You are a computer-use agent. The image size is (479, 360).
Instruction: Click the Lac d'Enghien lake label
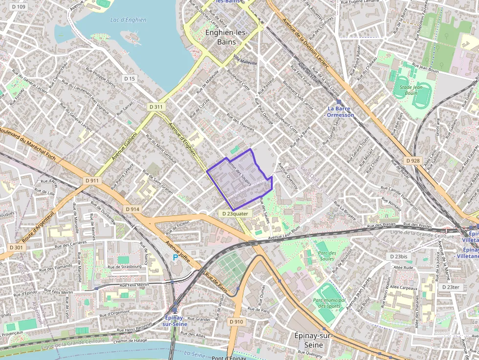(x=128, y=20)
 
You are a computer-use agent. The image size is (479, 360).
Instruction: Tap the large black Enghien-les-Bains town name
(x=227, y=37)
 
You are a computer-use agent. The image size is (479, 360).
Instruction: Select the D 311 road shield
(x=156, y=106)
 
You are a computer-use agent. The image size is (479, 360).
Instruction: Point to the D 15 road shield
(x=129, y=79)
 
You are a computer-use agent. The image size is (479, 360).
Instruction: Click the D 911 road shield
(x=92, y=180)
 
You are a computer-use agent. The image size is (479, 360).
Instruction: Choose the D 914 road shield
(x=132, y=209)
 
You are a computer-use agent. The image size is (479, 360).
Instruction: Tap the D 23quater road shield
(x=235, y=213)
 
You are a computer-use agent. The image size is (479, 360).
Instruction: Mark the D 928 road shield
(x=413, y=161)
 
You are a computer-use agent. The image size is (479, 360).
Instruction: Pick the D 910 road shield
(x=236, y=322)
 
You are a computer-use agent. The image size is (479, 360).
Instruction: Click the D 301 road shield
(x=16, y=247)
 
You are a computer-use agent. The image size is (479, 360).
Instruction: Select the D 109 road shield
(x=18, y=6)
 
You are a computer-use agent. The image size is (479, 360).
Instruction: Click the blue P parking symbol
(x=175, y=257)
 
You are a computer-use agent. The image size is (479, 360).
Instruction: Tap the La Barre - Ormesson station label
(x=341, y=111)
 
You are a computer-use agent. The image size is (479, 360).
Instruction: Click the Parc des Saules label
(x=326, y=255)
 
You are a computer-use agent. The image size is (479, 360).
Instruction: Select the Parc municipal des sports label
(x=328, y=303)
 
